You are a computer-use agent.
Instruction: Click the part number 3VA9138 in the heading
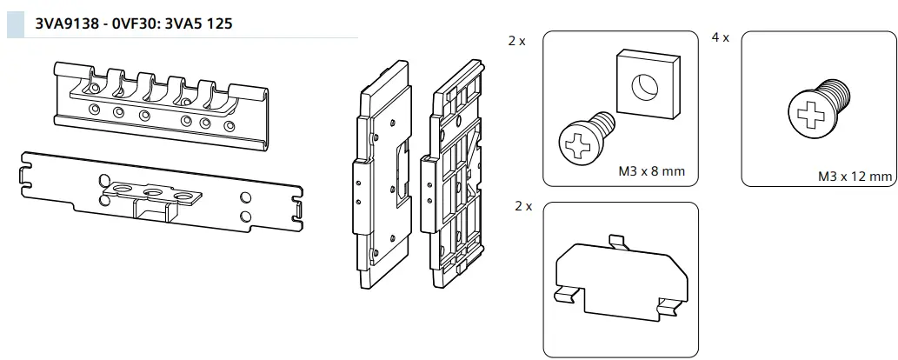coord(64,23)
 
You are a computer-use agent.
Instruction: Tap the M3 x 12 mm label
coord(855,177)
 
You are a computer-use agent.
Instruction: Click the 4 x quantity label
coord(720,40)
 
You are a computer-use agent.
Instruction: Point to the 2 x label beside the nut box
coord(517,41)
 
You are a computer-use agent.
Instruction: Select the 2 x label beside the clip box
coord(522,207)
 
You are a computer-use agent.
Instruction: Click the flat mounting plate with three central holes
coord(161,194)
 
